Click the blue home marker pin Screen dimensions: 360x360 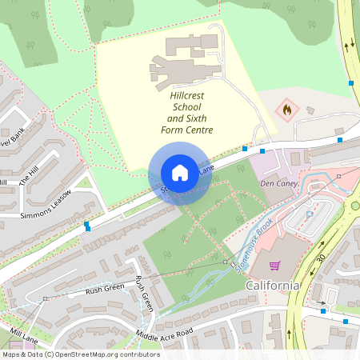click(x=180, y=173)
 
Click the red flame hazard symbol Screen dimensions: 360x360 click(x=286, y=107)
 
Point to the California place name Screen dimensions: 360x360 click(x=272, y=286)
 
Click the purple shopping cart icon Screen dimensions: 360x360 click(x=274, y=265)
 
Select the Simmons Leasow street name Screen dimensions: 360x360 click(x=46, y=205)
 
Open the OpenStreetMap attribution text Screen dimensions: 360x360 click(x=80, y=354)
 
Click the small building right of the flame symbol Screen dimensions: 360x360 click(x=310, y=110)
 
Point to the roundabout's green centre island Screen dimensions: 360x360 click(x=355, y=206)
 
